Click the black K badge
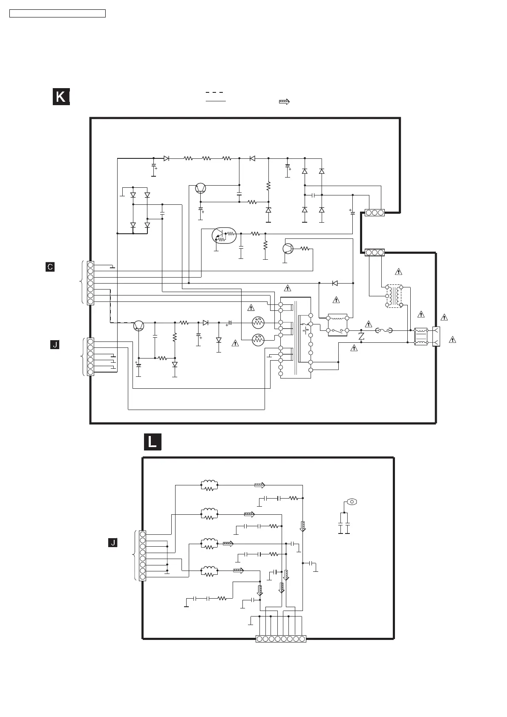[x=61, y=97]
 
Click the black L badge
[x=153, y=442]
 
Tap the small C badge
[x=50, y=267]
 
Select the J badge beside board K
[x=55, y=344]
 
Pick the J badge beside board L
[x=112, y=542]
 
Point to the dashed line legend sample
[x=215, y=92]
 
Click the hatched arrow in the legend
[x=284, y=102]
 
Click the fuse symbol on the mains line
[x=384, y=330]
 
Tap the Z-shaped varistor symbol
[x=361, y=336]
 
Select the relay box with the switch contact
[x=337, y=325]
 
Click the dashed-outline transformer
[x=394, y=296]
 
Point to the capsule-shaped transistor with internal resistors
[x=224, y=235]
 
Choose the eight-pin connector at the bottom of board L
[x=281, y=639]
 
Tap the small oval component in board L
[x=352, y=502]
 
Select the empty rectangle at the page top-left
[x=58, y=14]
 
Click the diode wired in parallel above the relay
[x=335, y=283]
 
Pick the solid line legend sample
[x=216, y=101]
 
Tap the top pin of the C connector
[x=90, y=265]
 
